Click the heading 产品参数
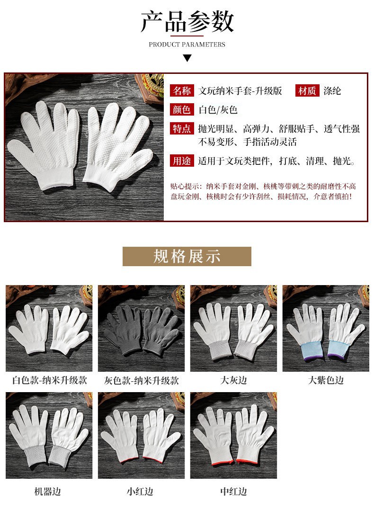coord(187,21)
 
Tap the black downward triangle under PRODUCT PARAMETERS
coord(187,58)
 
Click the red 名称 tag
coord(182,90)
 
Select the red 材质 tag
coord(307,90)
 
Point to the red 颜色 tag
coord(182,109)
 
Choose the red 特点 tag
coord(182,128)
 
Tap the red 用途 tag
coord(182,161)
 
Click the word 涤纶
coord(332,91)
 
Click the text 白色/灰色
coord(218,110)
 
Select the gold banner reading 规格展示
coord(187,257)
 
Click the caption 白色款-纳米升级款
coord(50,380)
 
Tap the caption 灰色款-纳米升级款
coord(142,380)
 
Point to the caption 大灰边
coord(233,380)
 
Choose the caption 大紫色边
coord(326,380)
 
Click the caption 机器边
coord(47,492)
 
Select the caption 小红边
coord(140,492)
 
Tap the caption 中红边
coord(233,492)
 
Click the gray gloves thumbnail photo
coord(142,329)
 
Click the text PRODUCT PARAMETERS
coord(187,45)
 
